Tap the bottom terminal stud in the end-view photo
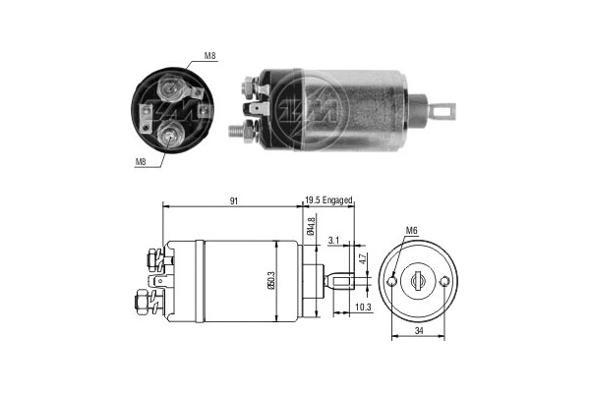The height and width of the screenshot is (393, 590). tap(172, 137)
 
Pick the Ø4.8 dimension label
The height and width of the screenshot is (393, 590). tap(310, 227)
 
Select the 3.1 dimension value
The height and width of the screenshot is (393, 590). tap(334, 240)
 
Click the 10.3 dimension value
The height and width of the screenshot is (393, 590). tap(362, 308)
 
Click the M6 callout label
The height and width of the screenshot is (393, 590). tap(410, 233)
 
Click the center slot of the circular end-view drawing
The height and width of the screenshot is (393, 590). tap(420, 281)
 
